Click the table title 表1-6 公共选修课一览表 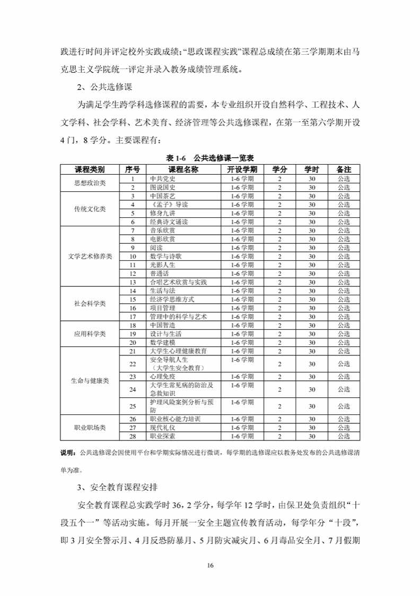pyautogui.click(x=211, y=158)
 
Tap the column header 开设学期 pyautogui.click(x=242, y=169)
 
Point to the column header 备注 pyautogui.click(x=344, y=169)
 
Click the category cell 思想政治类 pyautogui.click(x=90, y=183)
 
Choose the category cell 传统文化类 pyautogui.click(x=90, y=209)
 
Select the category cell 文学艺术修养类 pyautogui.click(x=90, y=256)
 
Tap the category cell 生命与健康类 pyautogui.click(x=90, y=381)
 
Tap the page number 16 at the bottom pyautogui.click(x=210, y=564)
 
